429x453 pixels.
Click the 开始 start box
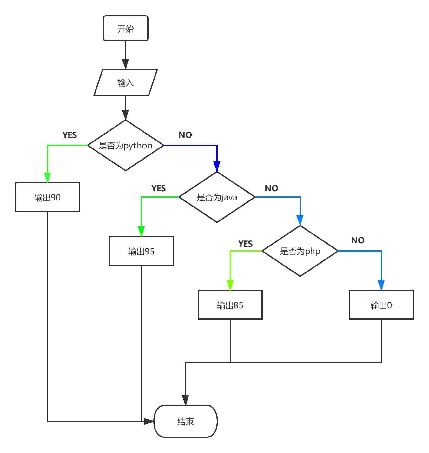tap(126, 29)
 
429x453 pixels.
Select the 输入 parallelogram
tap(126, 82)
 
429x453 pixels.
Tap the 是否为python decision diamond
tap(126, 145)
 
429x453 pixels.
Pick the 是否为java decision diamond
tap(217, 197)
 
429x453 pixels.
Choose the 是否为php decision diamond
tap(300, 251)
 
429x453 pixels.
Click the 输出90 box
tap(48, 197)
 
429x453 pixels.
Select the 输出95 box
tap(142, 251)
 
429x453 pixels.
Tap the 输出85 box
tap(230, 305)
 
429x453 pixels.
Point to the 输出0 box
tap(381, 305)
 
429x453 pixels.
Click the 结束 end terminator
tap(186, 421)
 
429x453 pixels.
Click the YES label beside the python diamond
tap(70, 135)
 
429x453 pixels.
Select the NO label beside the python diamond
tap(185, 135)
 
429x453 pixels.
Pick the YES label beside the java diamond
tap(159, 188)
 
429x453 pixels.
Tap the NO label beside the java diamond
tap(272, 188)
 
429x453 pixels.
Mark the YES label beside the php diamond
tap(246, 244)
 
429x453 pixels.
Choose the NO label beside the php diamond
tap(358, 240)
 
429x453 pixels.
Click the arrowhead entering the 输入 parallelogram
tap(126, 64)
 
